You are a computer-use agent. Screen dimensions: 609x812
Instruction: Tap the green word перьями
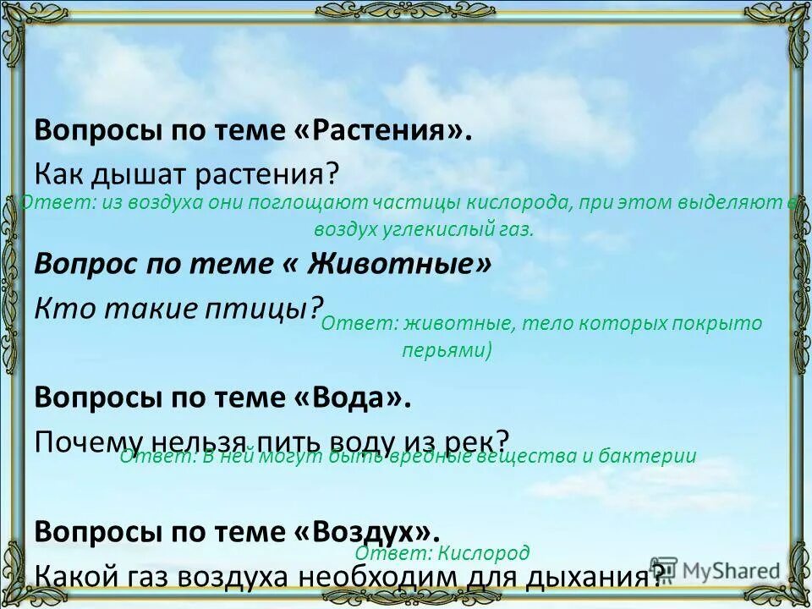click(x=447, y=350)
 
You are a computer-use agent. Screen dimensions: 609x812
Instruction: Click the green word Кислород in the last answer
click(x=483, y=553)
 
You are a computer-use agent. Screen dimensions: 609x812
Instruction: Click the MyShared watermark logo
click(x=716, y=569)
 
